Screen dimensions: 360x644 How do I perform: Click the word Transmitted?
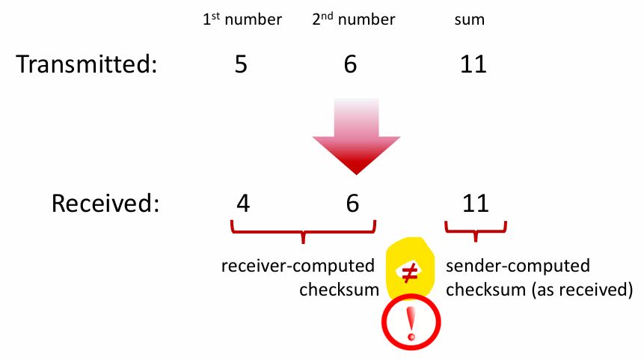pos(86,64)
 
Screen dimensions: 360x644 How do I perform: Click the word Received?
pos(105,204)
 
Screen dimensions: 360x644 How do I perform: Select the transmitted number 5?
pos(241,64)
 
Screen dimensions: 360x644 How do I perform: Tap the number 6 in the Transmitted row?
pos(350,64)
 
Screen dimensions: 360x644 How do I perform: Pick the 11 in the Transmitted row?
pos(473,64)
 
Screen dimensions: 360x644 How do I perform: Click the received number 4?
pos(242,204)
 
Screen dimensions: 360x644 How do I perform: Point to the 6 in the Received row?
pos(352,204)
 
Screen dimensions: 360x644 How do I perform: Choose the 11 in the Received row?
pos(475,204)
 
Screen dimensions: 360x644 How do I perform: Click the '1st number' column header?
pos(242,20)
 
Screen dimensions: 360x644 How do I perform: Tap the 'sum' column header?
pos(470,20)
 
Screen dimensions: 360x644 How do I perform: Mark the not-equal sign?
pos(410,274)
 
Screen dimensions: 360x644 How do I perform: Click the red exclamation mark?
pos(410,322)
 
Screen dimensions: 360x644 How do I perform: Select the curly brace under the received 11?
pos(476,231)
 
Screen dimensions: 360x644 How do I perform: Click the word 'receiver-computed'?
pos(298,266)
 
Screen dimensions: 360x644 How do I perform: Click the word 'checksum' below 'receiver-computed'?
pos(339,290)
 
